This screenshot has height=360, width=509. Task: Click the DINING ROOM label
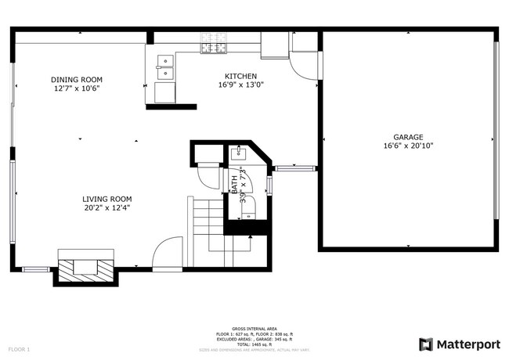pyautogui.click(x=77, y=79)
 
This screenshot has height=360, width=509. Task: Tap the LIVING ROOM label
pyautogui.click(x=108, y=199)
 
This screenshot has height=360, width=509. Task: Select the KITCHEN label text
pyautogui.click(x=240, y=76)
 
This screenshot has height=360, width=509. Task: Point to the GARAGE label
pyautogui.click(x=408, y=137)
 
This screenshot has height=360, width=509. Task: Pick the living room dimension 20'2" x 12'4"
pyautogui.click(x=108, y=207)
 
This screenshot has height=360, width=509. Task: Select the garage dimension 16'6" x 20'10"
pyautogui.click(x=408, y=146)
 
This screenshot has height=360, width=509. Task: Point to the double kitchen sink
pyautogui.click(x=165, y=63)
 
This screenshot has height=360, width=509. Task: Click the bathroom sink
pyautogui.click(x=236, y=153)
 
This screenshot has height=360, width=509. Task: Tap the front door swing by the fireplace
pyautogui.click(x=167, y=255)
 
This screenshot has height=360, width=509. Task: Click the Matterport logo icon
pyautogui.click(x=426, y=344)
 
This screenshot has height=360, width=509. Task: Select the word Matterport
pyautogui.click(x=467, y=344)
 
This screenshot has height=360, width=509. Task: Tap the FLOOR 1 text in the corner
pyautogui.click(x=19, y=348)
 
